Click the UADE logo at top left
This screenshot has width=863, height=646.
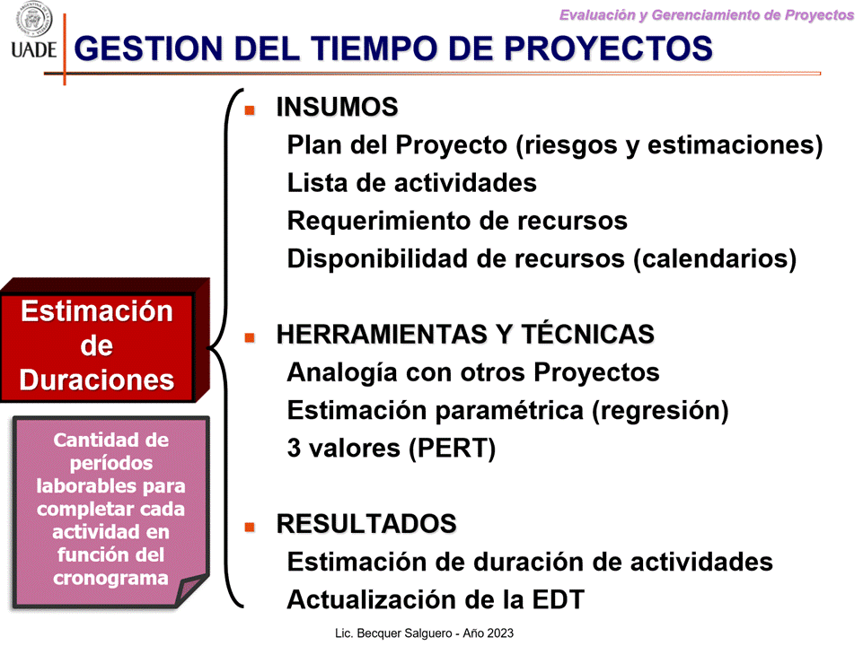[33, 31]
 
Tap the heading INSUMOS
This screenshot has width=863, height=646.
[337, 107]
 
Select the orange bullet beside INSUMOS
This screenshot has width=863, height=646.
[250, 110]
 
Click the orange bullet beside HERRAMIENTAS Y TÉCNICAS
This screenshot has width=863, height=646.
[250, 337]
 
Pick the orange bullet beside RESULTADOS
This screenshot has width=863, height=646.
[250, 527]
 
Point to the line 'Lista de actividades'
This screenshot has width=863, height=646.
[411, 182]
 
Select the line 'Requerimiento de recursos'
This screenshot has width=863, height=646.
[457, 221]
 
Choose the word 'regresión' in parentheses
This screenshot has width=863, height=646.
[660, 411]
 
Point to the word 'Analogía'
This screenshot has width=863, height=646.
[342, 372]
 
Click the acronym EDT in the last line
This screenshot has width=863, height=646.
[558, 599]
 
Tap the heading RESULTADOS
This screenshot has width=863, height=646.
[366, 523]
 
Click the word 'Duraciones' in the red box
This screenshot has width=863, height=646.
[97, 380]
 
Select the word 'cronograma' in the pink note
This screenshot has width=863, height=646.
[110, 578]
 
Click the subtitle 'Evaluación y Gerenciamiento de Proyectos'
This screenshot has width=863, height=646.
[706, 15]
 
